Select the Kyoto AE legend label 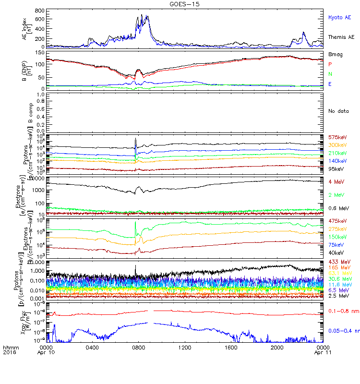340,17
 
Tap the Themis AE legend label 341,37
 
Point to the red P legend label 330,64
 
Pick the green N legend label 330,74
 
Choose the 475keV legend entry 337,221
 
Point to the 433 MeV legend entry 338,261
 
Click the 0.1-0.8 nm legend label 342,312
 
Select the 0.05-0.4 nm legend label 343,331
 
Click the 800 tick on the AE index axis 40,11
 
